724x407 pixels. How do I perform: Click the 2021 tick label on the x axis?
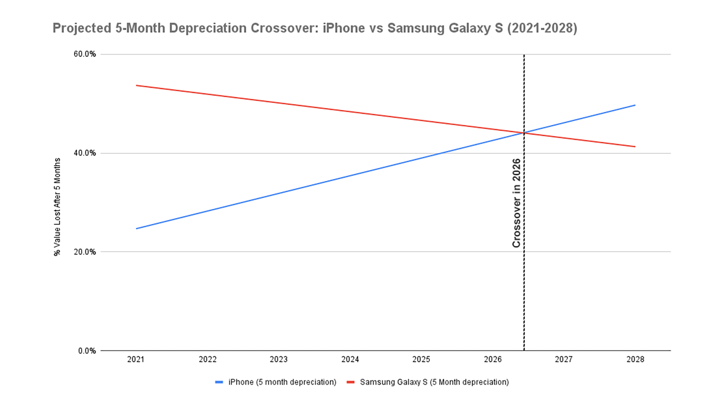[136, 359]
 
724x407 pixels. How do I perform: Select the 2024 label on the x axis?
[350, 359]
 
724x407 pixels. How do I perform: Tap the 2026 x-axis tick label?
[492, 359]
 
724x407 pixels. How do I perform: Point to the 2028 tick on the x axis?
[635, 359]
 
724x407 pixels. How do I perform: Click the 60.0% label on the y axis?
[85, 54]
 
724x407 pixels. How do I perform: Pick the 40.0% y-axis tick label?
[85, 153]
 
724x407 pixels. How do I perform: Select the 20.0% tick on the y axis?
[85, 252]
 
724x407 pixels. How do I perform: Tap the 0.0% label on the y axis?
[87, 351]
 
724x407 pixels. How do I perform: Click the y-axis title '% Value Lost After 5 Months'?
[57, 207]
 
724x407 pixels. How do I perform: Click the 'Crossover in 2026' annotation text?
[516, 203]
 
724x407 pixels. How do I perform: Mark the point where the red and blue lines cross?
[524, 133]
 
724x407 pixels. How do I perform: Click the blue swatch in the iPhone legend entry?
[219, 382]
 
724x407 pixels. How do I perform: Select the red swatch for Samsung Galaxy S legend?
[351, 382]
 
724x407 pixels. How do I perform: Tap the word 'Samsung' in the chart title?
[416, 28]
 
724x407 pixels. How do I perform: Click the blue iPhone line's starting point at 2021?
[137, 229]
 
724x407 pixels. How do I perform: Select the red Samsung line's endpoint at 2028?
[635, 147]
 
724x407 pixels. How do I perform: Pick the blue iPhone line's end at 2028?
[635, 105]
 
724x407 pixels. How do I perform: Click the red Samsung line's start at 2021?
[137, 86]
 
